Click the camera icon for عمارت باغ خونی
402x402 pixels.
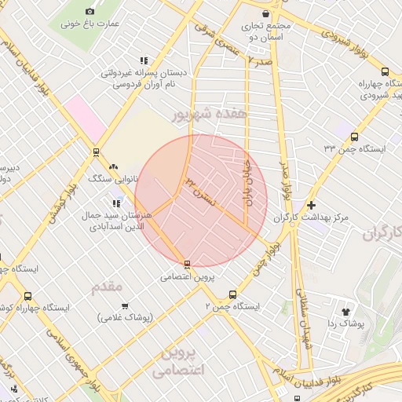(90, 11)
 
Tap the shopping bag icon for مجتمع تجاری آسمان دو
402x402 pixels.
(266, 13)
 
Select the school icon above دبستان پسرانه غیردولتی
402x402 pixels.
(143, 60)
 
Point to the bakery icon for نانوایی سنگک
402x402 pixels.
(115, 166)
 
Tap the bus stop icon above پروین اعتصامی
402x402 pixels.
(187, 264)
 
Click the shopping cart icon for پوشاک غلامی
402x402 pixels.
(124, 305)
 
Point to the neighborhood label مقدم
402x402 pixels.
(108, 288)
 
